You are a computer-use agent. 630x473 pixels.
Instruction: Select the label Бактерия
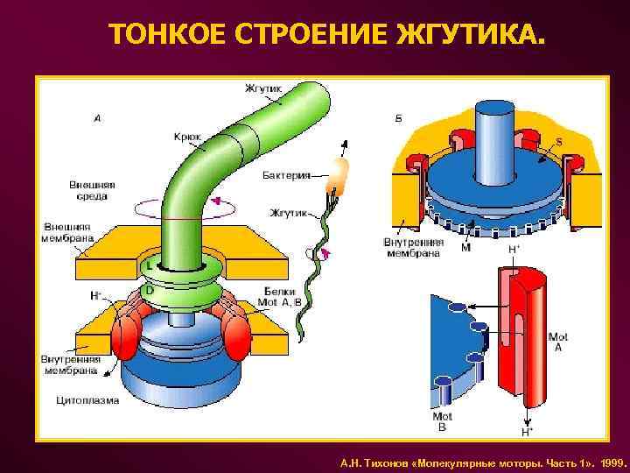click(x=286, y=175)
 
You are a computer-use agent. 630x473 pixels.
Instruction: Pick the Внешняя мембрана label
click(x=67, y=232)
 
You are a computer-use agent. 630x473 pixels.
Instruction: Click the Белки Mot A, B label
click(x=279, y=296)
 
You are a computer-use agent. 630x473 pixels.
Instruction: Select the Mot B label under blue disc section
click(x=442, y=421)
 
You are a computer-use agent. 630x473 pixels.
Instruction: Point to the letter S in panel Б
click(x=559, y=141)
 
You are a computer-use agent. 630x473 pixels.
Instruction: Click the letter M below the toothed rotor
click(x=465, y=248)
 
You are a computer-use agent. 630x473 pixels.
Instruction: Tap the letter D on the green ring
click(x=150, y=290)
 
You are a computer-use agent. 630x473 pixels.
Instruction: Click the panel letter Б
click(x=399, y=118)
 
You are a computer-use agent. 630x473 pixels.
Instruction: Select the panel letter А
click(x=96, y=118)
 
